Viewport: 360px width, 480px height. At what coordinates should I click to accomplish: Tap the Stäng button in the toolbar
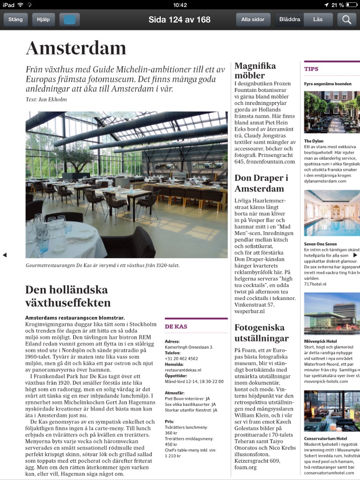tap(15, 20)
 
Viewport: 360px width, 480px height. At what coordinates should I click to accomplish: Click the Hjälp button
tap(44, 20)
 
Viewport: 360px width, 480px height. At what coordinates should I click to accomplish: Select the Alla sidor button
tap(253, 20)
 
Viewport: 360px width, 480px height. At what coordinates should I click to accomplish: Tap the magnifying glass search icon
tap(347, 20)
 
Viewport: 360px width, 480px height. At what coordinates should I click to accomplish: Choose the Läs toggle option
tap(318, 20)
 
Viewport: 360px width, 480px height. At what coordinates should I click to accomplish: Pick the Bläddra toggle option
tap(289, 20)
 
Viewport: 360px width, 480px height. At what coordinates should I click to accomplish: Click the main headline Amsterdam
tap(76, 48)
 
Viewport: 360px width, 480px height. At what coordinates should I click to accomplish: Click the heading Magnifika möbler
tap(255, 70)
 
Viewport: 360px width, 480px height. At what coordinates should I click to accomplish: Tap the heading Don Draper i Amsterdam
tap(261, 183)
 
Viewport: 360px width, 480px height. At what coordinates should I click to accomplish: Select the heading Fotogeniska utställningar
tap(262, 332)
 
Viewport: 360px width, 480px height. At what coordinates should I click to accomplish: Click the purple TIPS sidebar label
tap(311, 69)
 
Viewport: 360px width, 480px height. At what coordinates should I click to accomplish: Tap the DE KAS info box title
tap(176, 326)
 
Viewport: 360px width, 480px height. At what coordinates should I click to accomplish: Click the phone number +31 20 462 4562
tap(181, 359)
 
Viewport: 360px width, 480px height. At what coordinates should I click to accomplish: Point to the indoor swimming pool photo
tap(332, 213)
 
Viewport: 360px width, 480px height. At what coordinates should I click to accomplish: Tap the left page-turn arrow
tap(5, 255)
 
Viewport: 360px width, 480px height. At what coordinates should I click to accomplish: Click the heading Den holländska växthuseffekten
tap(68, 296)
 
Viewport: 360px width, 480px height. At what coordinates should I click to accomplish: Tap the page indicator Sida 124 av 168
tap(180, 20)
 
